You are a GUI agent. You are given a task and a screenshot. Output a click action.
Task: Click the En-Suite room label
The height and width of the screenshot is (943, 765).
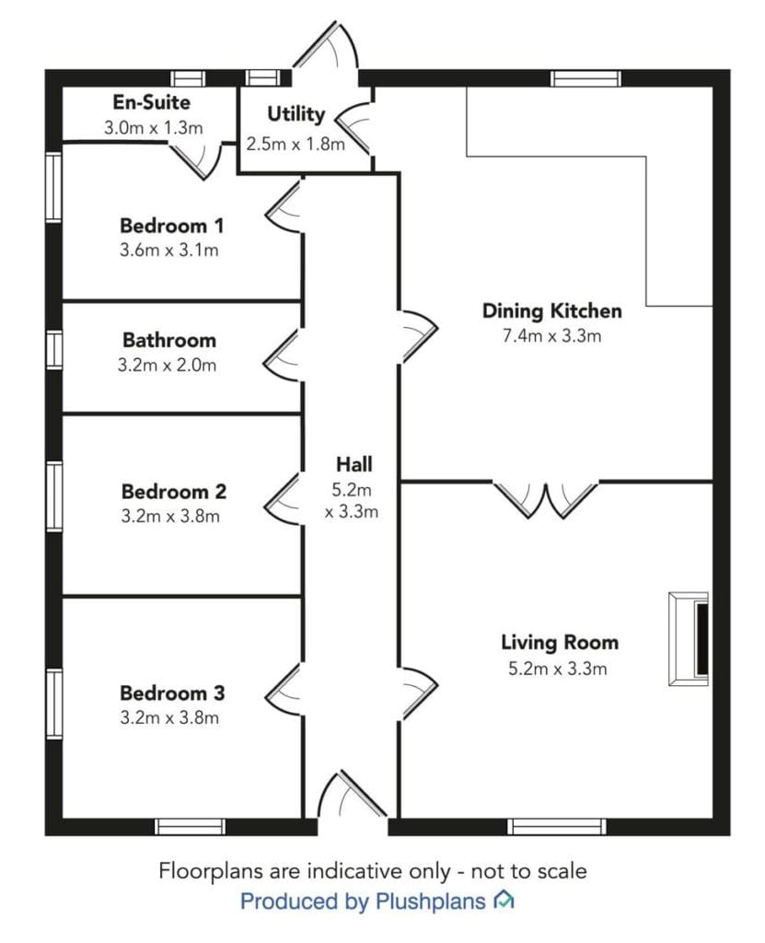152,102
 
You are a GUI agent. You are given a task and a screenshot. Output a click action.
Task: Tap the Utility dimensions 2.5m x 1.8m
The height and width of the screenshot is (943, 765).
296,145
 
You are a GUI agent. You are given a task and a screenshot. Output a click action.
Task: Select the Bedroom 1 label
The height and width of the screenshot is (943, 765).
171,226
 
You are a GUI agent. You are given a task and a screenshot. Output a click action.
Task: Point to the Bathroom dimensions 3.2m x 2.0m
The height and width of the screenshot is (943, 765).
167,365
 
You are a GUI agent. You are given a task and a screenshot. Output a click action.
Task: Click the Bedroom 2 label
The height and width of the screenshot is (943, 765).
174,492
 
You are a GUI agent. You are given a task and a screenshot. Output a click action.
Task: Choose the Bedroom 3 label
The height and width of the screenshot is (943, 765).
172,693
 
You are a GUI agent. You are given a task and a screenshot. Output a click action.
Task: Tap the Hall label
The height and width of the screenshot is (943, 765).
354,464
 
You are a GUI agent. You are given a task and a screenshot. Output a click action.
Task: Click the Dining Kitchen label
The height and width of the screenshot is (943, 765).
552,311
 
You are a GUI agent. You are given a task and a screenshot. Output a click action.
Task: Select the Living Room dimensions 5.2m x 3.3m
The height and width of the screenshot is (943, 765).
558,669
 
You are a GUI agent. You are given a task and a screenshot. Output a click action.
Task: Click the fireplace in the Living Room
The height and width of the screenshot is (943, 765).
690,639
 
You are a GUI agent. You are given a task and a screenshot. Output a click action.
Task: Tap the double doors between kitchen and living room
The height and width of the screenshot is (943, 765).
546,499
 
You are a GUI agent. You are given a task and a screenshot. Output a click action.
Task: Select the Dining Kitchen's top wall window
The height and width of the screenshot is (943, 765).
585,79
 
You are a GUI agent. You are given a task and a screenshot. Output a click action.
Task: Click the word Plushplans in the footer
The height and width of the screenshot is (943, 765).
430,901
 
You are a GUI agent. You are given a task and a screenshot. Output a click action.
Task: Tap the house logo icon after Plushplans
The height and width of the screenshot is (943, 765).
504,900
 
